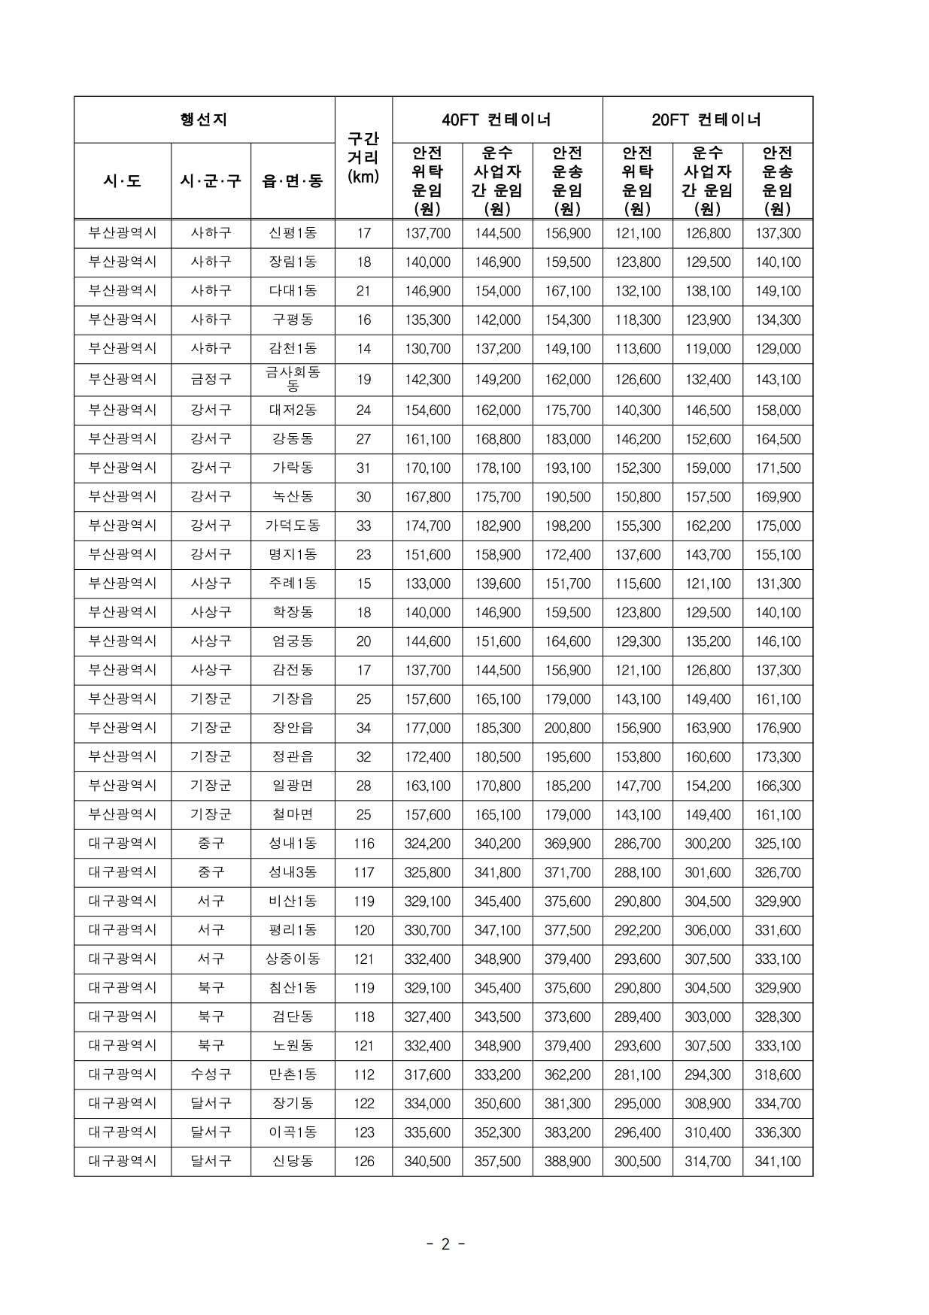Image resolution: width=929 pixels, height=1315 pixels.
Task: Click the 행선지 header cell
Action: pos(204,120)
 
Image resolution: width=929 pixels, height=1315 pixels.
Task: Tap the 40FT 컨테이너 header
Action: pos(496,120)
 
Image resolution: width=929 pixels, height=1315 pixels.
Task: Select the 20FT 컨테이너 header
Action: pos(707,120)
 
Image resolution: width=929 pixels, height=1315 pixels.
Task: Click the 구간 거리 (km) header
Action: pos(363,158)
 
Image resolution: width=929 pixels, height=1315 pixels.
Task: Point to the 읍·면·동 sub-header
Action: pos(293,181)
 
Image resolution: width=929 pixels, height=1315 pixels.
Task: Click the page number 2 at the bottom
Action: pos(445,1244)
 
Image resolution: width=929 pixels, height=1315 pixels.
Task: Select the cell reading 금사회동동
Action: pos(293,379)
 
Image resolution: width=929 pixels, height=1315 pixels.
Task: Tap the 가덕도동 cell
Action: pos(293,526)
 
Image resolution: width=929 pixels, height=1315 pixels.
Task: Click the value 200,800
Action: pos(567,728)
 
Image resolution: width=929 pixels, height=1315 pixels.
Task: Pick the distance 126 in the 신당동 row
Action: pos(363,1161)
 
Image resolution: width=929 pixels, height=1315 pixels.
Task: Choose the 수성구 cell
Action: pos(211,1074)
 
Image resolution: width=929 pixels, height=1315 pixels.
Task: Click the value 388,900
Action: pos(567,1161)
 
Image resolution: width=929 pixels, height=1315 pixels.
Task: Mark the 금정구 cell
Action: pos(211,379)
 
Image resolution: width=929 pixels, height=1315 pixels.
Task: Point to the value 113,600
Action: pos(637,349)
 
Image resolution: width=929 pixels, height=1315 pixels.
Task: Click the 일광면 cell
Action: pos(293,786)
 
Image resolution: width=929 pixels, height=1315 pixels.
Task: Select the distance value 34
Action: pos(363,728)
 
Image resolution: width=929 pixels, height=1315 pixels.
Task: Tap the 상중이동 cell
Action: pos(293,959)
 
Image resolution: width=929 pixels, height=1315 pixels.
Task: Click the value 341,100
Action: pos(778,1161)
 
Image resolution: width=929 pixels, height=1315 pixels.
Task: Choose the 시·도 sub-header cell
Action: pos(123,181)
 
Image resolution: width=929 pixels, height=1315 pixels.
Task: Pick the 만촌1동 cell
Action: pos(293,1074)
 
